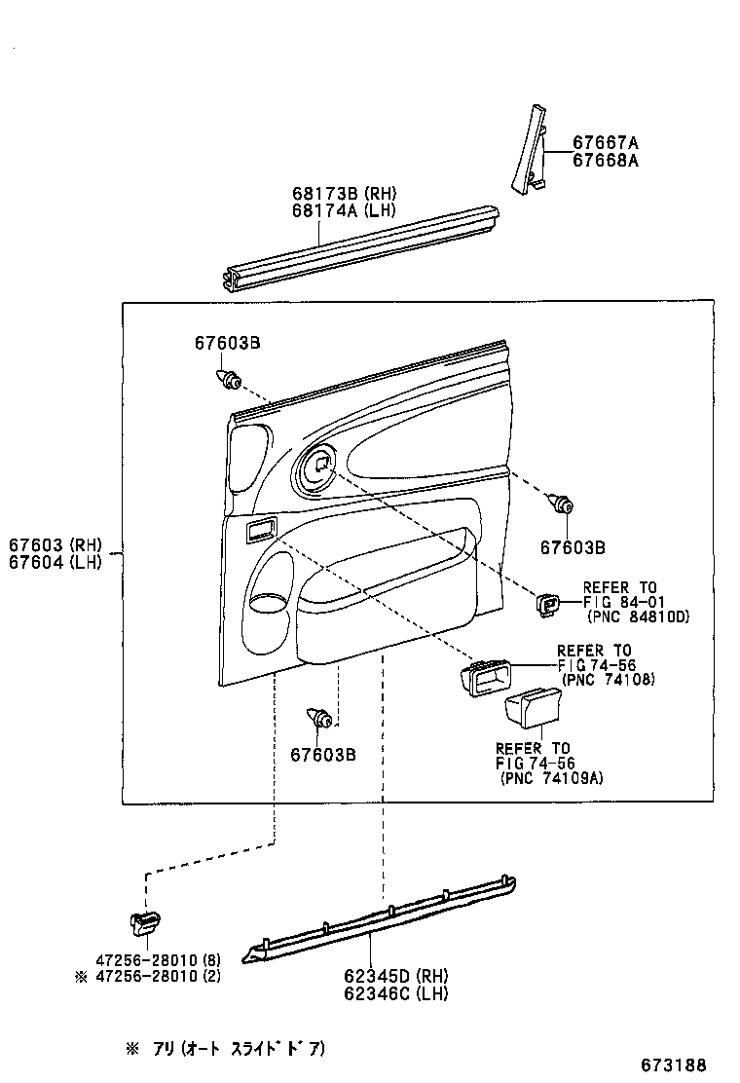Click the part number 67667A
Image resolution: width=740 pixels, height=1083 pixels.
[x=605, y=142]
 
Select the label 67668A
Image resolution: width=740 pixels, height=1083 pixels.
[x=605, y=160]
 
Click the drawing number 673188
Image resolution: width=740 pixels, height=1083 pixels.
[x=673, y=1064]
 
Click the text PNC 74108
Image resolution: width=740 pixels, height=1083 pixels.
[x=610, y=679]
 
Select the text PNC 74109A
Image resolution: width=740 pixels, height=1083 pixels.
[x=550, y=778]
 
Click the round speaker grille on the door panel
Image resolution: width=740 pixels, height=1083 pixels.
[x=317, y=467]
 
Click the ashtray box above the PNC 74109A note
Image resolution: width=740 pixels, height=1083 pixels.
[x=532, y=707]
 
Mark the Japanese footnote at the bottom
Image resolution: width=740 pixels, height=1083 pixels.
[x=224, y=1049]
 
